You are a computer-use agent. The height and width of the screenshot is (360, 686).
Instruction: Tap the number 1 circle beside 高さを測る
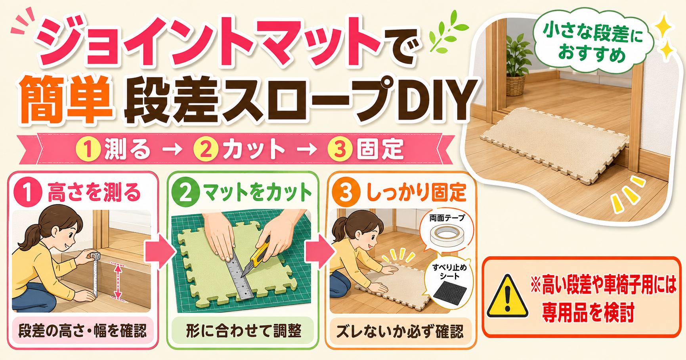28,192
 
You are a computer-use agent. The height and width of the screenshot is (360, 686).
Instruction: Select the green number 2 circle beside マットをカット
185,192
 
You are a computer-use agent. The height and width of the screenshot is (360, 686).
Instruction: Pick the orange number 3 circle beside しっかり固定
346,192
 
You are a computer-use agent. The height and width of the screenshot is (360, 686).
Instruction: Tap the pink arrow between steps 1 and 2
159,252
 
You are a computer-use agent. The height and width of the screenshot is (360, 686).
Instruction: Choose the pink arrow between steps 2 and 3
319,252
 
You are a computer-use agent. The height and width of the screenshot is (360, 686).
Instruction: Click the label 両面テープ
447,218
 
